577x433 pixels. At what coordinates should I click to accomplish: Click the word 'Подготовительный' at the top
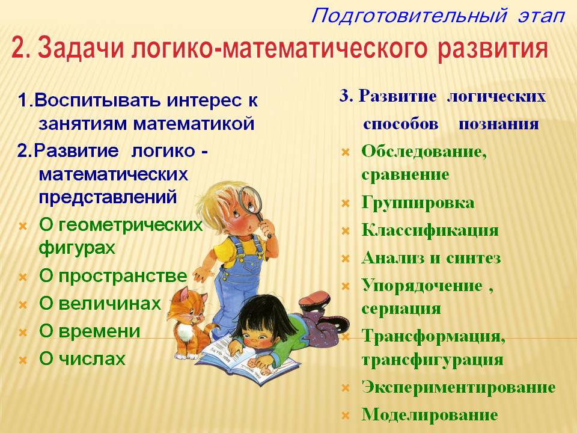pos(409,16)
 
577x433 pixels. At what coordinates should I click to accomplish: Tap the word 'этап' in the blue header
pos(541,17)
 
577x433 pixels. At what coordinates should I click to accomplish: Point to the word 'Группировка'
pos(418,203)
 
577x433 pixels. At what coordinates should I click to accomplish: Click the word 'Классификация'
pos(430,230)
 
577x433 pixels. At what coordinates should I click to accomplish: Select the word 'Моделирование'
pos(430,414)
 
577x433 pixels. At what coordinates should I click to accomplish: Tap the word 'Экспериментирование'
pos(459,387)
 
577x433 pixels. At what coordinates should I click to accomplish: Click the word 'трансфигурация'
pos(432,360)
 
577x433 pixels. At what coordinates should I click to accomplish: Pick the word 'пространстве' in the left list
pos(123,277)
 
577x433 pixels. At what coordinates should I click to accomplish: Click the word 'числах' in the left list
pos(93,359)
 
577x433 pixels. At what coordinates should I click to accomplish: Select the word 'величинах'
pos(109,304)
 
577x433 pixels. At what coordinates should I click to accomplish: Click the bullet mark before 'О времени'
pos(23,333)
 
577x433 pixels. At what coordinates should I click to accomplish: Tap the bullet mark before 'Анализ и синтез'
pos(346,259)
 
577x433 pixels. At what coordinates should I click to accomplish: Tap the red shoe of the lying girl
pos(314,299)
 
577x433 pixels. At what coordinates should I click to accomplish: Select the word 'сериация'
pos(401,309)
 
